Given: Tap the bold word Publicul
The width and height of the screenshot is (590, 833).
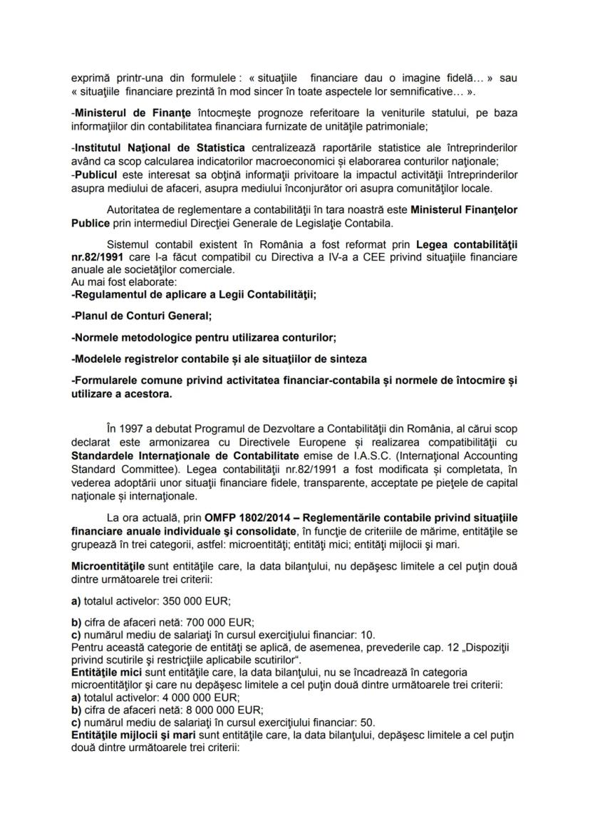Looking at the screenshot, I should click(x=96, y=175).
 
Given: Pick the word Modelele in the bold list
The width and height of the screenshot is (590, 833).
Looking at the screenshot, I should click(x=100, y=358).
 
